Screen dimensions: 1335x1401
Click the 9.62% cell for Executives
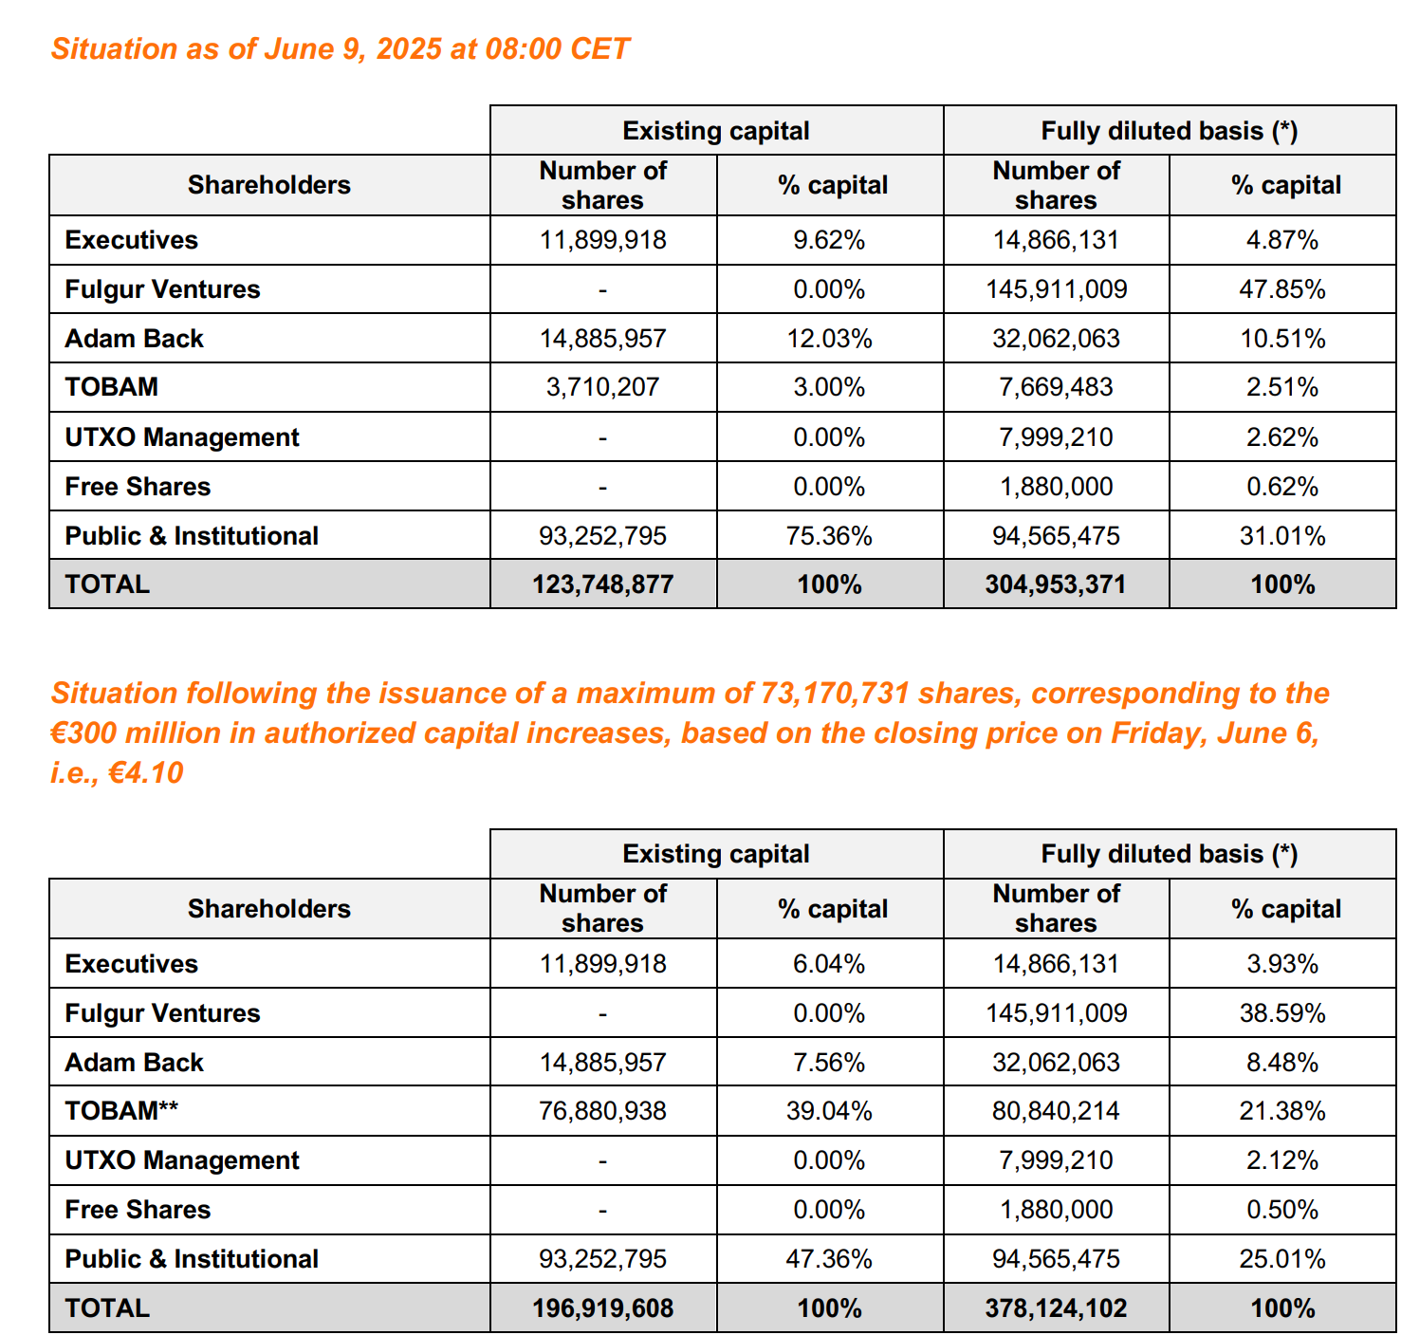tap(829, 240)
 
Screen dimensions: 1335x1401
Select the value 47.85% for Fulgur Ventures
tap(1281, 289)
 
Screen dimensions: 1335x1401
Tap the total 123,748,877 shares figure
tap(602, 584)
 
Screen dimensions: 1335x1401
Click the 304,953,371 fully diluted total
tap(1055, 584)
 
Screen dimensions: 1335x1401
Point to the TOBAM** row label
tap(121, 1111)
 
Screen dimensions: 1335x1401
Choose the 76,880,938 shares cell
tap(602, 1111)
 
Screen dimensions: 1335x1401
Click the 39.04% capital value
tap(829, 1111)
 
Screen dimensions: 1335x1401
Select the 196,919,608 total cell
tap(602, 1308)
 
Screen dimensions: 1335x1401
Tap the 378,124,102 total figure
tap(1056, 1308)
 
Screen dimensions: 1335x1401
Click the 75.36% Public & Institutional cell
tap(829, 536)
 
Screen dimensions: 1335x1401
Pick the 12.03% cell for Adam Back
tap(829, 339)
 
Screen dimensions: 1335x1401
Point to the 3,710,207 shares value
tap(602, 387)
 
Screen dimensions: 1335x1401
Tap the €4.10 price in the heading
tap(146, 773)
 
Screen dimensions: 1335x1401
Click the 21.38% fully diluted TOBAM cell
tap(1281, 1111)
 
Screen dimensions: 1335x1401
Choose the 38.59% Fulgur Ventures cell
tap(1281, 1013)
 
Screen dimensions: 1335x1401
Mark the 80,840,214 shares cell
tap(1056, 1111)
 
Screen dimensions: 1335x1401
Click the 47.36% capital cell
tap(829, 1259)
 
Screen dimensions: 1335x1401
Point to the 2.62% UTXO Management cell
tap(1281, 437)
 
